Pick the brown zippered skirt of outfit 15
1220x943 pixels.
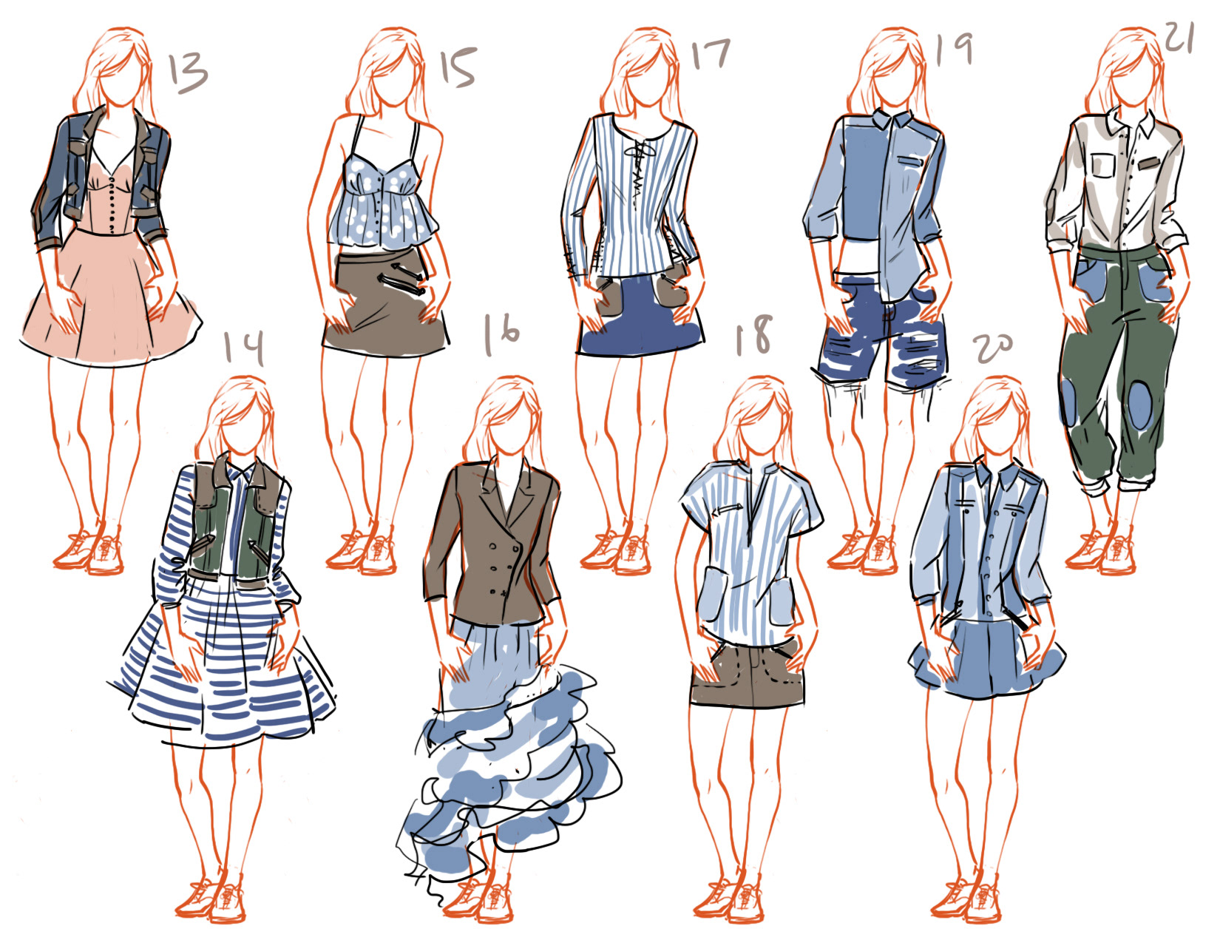click(385, 303)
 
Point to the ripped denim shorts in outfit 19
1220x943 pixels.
click(881, 331)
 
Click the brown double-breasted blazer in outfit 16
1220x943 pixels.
click(493, 542)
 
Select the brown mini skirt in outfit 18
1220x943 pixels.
click(747, 676)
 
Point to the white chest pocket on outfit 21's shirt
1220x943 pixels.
click(1103, 165)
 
